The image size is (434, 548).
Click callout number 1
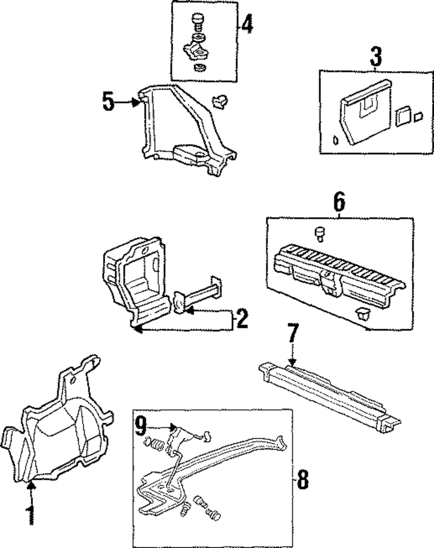(x=31, y=516)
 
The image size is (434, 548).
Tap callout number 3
(x=376, y=58)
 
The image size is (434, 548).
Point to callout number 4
(x=247, y=24)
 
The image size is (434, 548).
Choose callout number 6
(x=339, y=202)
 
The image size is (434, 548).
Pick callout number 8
(x=302, y=480)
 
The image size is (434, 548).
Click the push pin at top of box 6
(x=319, y=233)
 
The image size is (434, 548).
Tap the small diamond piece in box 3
(x=335, y=140)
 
